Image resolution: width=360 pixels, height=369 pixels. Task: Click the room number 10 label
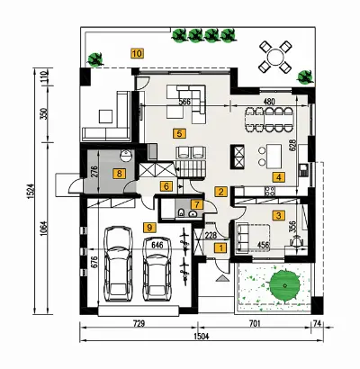coord(138,53)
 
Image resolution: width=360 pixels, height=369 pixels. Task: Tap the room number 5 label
coord(179,133)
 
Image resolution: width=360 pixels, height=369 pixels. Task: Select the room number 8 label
coord(119,174)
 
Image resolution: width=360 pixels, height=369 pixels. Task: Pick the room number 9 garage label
coord(149,228)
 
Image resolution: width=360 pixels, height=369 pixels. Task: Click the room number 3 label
coord(278,215)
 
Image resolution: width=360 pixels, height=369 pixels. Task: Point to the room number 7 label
coord(197,205)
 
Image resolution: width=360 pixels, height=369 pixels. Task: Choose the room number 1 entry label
coord(221,248)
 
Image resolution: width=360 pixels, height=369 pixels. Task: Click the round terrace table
coord(275,57)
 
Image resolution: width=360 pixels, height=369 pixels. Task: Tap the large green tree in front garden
coord(284,284)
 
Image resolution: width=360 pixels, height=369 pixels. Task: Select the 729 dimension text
coord(139,324)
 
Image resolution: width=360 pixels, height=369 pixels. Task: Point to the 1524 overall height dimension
coord(32,192)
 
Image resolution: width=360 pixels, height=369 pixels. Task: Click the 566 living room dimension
coord(184,102)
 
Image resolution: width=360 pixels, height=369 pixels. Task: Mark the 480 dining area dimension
coord(268,102)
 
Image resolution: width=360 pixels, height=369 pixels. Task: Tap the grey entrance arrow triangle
coord(222,278)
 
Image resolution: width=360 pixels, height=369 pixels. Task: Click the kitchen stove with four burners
coord(269,191)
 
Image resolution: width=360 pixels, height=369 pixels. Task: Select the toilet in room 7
coord(181,213)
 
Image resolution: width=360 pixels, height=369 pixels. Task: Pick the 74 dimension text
coord(317,324)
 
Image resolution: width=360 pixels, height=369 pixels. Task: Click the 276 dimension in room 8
coord(94,173)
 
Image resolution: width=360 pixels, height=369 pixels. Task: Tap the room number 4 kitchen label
coord(278,177)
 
